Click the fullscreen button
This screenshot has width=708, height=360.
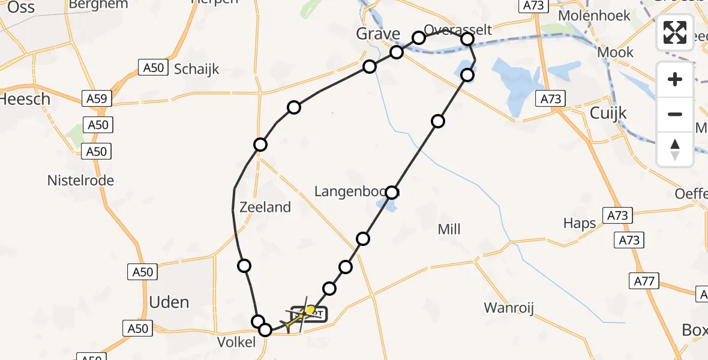(675, 32)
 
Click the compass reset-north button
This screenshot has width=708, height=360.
(675, 149)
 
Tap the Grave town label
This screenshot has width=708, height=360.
(378, 34)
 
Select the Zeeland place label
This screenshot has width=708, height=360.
(265, 207)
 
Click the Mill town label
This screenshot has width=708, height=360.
(449, 229)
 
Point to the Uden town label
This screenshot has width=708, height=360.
(169, 302)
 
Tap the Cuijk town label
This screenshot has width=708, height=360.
(608, 113)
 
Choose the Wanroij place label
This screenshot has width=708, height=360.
(509, 309)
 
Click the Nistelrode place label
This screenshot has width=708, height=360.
(81, 181)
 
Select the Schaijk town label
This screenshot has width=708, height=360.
(196, 69)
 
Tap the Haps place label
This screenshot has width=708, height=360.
(580, 223)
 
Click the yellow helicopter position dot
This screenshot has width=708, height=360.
(310, 310)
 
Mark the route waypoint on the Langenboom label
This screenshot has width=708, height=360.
(392, 193)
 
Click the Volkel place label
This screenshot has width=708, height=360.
(239, 343)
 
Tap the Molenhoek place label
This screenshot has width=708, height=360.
(595, 16)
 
